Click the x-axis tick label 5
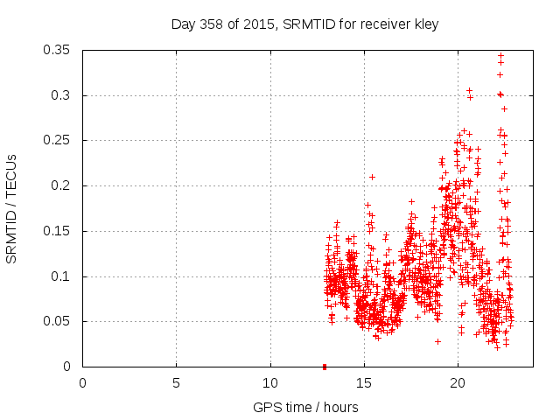tap(176, 383)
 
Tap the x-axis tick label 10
tap(270, 383)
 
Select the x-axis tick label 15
tap(364, 383)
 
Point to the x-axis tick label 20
tap(458, 383)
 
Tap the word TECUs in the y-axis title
tap(11, 174)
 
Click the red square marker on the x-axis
tap(325, 367)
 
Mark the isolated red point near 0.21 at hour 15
tap(372, 177)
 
